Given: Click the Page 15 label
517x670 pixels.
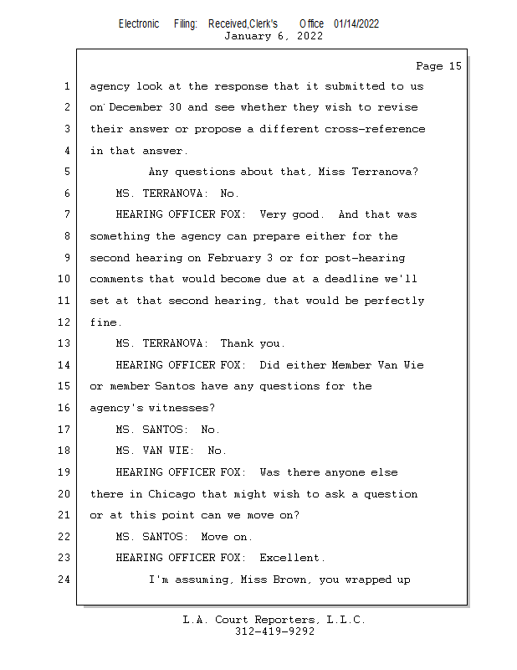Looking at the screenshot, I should pyautogui.click(x=438, y=66).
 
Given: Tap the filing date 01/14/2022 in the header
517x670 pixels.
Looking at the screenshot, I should pyautogui.click(x=356, y=23).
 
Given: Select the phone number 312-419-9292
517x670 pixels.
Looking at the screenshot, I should pyautogui.click(x=274, y=631).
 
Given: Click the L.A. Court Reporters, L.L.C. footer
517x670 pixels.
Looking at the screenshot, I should pyautogui.click(x=274, y=620).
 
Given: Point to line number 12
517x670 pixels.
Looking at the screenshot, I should pyautogui.click(x=64, y=322).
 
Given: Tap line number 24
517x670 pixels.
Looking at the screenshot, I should pyautogui.click(x=64, y=580).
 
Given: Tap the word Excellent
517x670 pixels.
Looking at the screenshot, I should pyautogui.click(x=290, y=558).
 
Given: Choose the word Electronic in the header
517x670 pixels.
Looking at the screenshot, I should pyautogui.click(x=139, y=23).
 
